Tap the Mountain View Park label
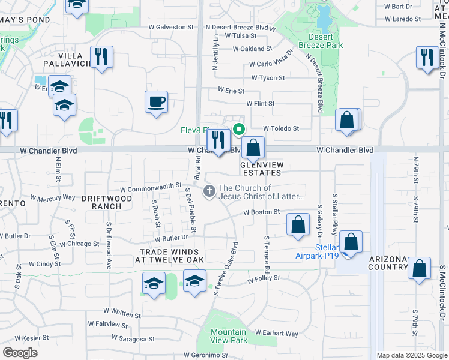229,336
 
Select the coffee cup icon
156,101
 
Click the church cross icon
209,191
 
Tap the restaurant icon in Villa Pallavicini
102,58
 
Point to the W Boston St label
261,212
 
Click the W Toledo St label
281,128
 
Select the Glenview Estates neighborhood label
261,168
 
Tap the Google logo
20,353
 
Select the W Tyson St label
268,78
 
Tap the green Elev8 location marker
239,128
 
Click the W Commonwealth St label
152,187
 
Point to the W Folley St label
264,278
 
